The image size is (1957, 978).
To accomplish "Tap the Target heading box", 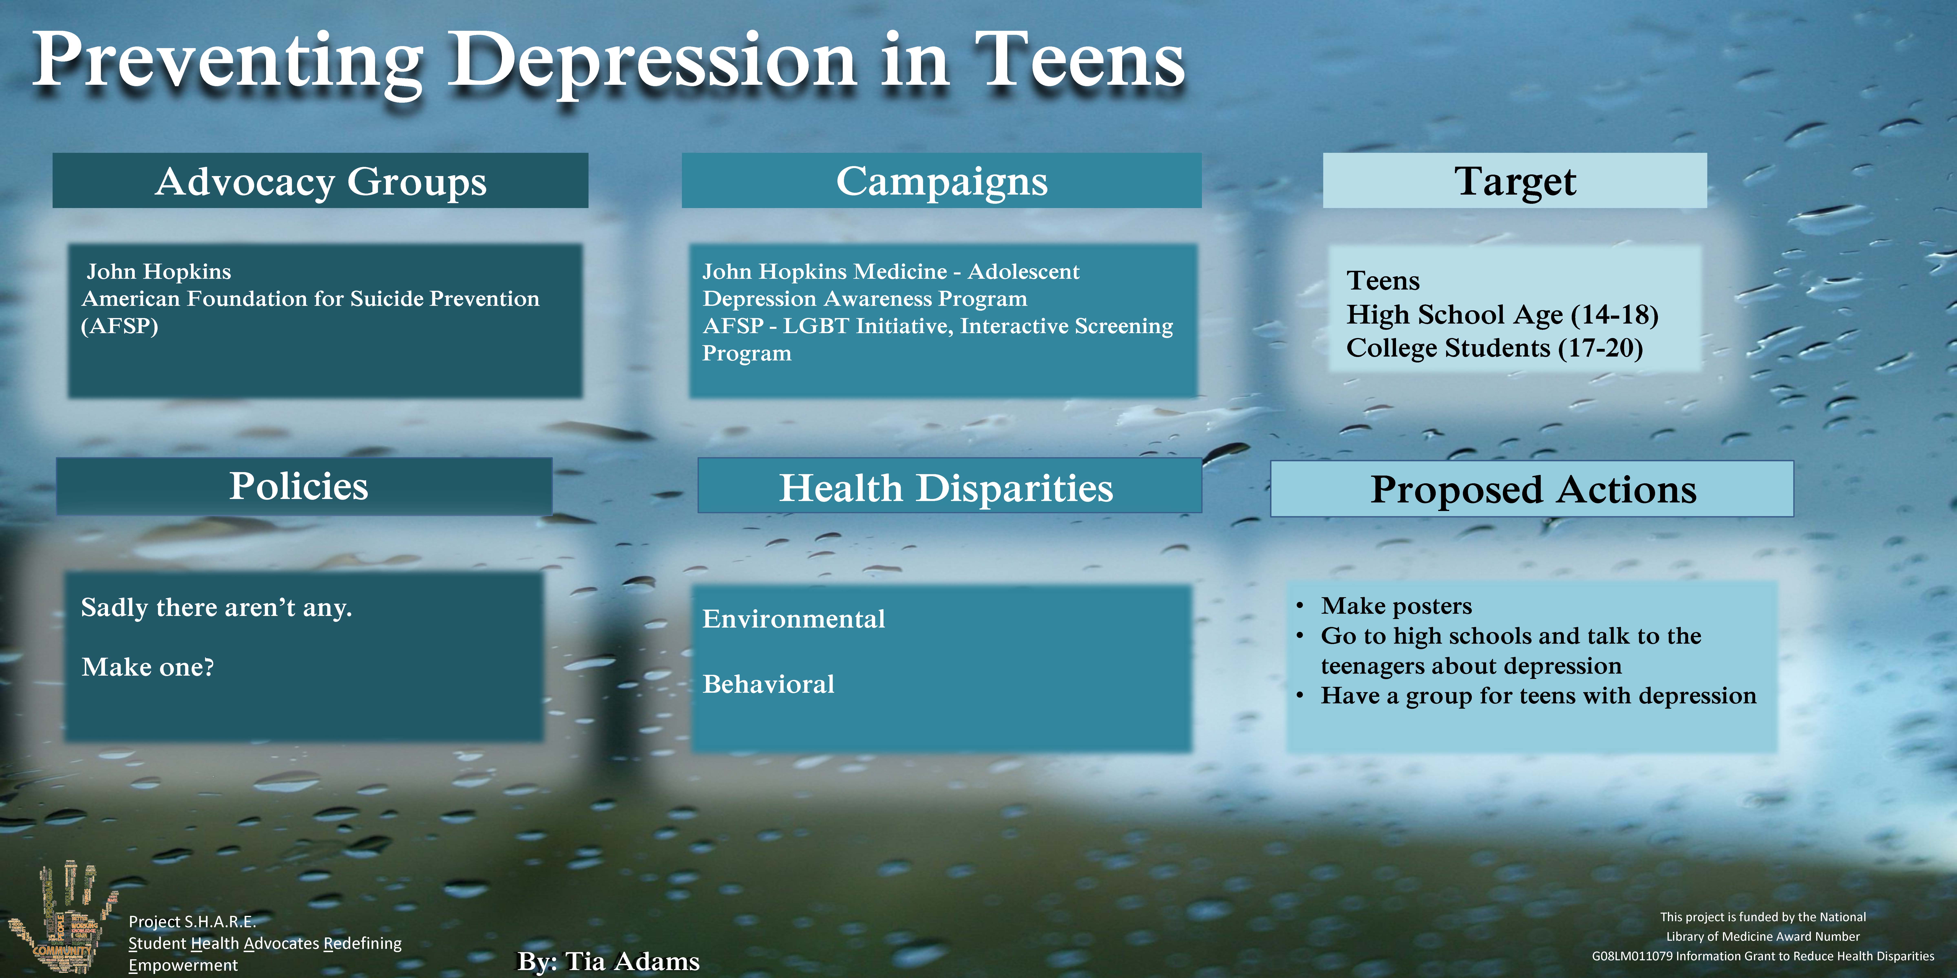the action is coord(1515,181).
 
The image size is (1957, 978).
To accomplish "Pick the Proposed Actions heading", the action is coord(1533,490).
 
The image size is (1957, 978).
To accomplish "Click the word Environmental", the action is coord(794,619).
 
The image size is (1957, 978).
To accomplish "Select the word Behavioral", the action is coord(768,684).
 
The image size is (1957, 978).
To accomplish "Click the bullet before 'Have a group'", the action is coord(1301,696).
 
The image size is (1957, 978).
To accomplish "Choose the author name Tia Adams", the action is coord(632,961).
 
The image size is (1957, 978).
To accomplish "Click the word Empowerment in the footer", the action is coord(183,965).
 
